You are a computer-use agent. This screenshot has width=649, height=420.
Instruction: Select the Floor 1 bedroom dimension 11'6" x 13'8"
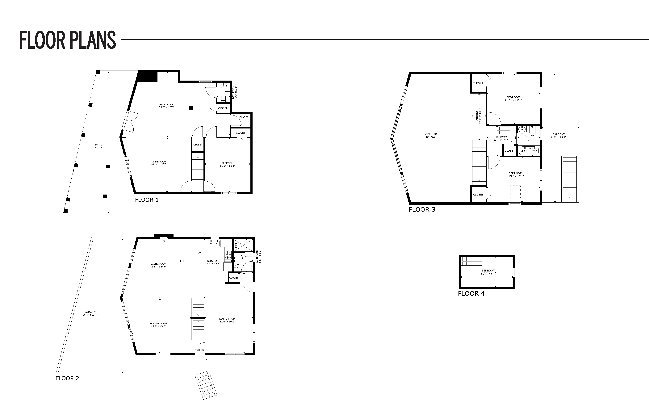[227, 166]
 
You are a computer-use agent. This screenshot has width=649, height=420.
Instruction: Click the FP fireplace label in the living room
[164, 241]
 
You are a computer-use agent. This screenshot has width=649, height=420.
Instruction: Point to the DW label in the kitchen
[200, 253]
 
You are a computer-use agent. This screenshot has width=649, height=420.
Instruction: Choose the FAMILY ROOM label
[227, 319]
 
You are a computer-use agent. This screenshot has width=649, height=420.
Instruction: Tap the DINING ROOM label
[158, 323]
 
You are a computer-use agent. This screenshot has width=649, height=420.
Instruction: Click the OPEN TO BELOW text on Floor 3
[431, 136]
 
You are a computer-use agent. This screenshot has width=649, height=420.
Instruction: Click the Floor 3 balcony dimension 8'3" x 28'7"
[559, 137]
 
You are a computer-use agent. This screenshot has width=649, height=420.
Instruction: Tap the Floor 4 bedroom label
[488, 271]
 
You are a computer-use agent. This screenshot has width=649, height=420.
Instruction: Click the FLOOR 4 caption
[471, 293]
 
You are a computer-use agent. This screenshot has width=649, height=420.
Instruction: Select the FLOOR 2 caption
[67, 378]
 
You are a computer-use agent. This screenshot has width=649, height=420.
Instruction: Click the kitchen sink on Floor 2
[214, 243]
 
